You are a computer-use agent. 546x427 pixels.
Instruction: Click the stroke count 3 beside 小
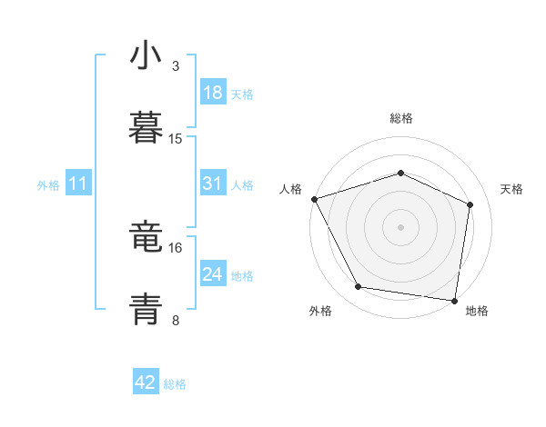pos(176,66)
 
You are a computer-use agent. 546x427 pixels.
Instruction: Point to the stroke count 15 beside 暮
pos(176,138)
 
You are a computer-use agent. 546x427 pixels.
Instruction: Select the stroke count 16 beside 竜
pos(176,247)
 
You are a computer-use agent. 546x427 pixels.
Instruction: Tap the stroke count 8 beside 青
pos(176,320)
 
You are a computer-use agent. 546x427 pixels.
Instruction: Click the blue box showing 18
pos(212,93)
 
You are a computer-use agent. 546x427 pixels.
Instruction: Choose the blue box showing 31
pos(212,184)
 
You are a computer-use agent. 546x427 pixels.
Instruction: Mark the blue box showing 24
pos(212,274)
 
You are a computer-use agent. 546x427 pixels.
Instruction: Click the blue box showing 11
pos(78,184)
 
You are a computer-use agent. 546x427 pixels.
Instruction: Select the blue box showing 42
pos(146,382)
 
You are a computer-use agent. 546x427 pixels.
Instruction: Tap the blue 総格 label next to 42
pos(175,384)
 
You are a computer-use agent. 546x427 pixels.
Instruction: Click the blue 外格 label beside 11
pos(48,185)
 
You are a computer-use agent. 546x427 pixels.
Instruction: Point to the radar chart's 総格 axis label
pos(401,118)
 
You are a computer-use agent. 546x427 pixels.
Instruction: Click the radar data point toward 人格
pos(314,199)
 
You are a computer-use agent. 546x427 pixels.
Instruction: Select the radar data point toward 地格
pos(455,300)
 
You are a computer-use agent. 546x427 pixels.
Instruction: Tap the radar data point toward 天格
pos(470,204)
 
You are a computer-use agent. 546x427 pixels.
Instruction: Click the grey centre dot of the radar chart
pos(401,226)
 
